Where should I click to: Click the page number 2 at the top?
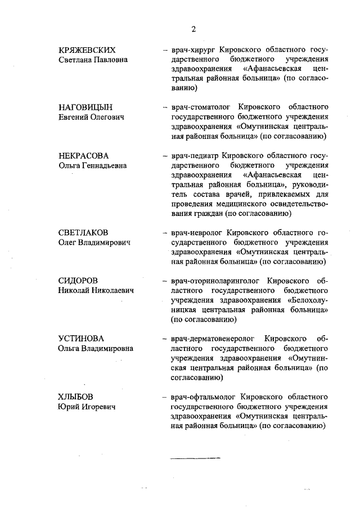point(193,30)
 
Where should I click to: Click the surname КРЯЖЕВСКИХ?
point(91,49)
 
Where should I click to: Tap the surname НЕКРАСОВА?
point(84,155)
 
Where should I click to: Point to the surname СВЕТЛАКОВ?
point(84,232)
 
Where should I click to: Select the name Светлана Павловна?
point(93,60)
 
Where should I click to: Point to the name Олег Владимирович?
point(94,242)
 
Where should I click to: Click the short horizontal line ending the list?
point(195,458)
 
